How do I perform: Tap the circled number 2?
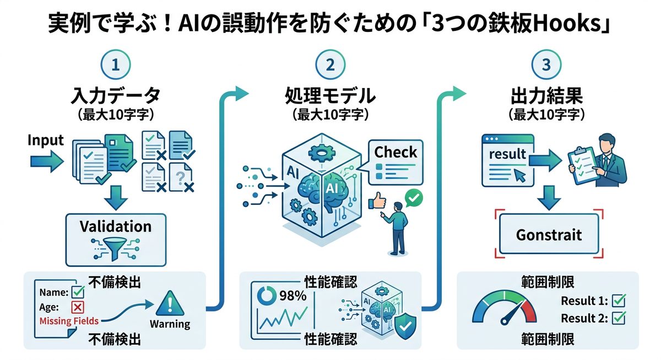[330, 65]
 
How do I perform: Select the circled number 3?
[545, 65]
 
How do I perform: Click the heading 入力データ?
[116, 96]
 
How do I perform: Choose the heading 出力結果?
[546, 96]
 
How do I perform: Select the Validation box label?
[115, 227]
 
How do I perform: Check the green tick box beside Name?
[79, 292]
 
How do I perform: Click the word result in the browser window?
[507, 154]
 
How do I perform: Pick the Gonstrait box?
[549, 234]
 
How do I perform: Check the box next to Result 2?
[619, 318]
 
